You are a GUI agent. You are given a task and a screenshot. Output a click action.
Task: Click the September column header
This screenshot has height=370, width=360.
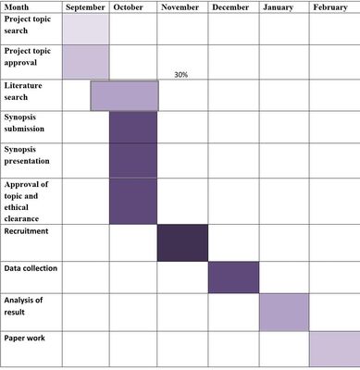click(85, 7)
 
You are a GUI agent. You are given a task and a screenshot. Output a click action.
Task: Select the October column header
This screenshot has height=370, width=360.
click(128, 7)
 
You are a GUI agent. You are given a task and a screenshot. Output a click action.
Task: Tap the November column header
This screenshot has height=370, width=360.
click(180, 7)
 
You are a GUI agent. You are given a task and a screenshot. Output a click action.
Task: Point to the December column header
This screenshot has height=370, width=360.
click(230, 7)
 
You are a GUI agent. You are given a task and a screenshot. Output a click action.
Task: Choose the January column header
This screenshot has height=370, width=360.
click(278, 7)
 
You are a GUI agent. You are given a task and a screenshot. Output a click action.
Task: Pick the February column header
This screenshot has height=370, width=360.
click(330, 7)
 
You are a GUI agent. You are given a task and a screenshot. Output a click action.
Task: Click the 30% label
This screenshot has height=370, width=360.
click(181, 75)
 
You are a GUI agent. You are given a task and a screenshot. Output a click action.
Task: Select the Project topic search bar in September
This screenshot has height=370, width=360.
click(86, 29)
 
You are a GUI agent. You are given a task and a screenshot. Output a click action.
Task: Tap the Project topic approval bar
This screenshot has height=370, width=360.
click(86, 62)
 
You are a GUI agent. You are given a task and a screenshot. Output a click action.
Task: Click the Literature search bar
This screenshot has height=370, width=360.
click(125, 95)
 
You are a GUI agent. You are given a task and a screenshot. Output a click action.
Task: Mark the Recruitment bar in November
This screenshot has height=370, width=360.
click(182, 243)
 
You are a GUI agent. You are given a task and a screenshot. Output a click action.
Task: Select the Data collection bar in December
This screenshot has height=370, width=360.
click(234, 277)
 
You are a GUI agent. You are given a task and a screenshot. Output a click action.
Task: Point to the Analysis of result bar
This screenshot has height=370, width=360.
click(284, 312)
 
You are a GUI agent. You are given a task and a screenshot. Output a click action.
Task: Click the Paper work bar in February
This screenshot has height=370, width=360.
click(335, 349)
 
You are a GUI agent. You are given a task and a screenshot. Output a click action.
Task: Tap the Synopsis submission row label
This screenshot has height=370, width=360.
click(24, 123)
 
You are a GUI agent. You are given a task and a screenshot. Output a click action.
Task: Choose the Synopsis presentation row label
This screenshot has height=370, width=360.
click(27, 155)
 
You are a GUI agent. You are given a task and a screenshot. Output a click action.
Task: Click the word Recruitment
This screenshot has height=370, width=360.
click(26, 231)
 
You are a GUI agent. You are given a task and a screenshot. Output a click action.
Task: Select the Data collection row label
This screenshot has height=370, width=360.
click(31, 268)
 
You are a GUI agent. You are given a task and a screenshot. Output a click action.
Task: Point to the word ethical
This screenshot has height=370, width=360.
click(17, 207)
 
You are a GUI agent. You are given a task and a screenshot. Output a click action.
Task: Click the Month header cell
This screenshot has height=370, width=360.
click(17, 7)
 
